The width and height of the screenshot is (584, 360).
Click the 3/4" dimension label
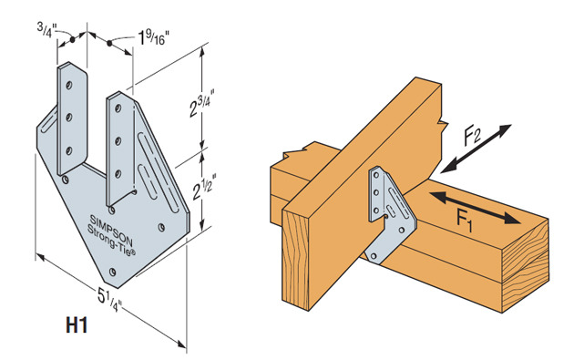(46, 28)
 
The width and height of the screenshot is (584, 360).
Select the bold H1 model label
(77, 324)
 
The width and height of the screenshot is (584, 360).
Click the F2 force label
(472, 136)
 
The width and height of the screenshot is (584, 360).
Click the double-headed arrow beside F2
(476, 149)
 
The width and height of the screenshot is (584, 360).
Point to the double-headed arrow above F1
(475, 208)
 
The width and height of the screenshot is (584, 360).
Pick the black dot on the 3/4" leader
(73, 39)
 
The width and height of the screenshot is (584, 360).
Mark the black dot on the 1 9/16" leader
(109, 43)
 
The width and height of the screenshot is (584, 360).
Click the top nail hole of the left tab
(69, 86)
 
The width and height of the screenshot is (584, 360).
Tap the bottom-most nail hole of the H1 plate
(112, 272)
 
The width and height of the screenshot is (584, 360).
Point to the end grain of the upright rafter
(296, 260)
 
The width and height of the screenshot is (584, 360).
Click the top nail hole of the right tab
(118, 108)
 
